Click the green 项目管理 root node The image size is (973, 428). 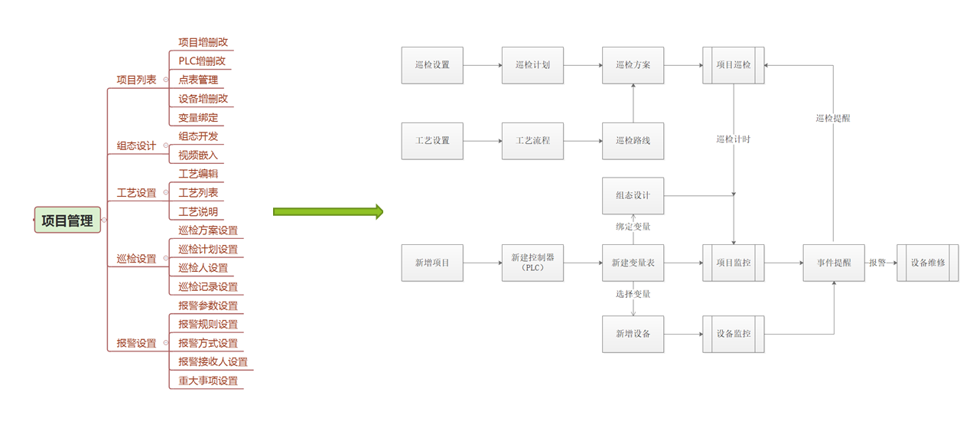tap(67, 221)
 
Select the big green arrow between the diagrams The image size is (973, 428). tap(327, 211)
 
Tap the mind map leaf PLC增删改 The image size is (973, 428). tap(202, 60)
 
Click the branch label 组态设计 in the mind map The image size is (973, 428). tap(136, 145)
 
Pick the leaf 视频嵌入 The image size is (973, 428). tap(198, 155)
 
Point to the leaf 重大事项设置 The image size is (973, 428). tap(208, 381)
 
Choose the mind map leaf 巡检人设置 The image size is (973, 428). tap(203, 268)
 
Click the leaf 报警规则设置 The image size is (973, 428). tap(208, 324)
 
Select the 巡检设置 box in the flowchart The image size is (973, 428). tap(432, 65)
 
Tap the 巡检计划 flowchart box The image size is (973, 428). tap(532, 65)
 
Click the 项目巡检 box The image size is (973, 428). tap(734, 65)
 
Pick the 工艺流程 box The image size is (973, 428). tap(532, 141)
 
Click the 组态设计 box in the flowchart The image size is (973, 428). tap(633, 195)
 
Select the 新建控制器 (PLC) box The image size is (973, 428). tap(532, 263)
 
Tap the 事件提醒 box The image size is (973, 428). tap(834, 263)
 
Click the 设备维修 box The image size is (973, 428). tap(927, 263)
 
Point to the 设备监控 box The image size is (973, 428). tap(734, 334)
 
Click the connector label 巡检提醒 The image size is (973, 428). tap(833, 119)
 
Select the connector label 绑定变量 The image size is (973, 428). tap(633, 227)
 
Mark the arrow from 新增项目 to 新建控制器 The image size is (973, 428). tap(482, 263)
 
